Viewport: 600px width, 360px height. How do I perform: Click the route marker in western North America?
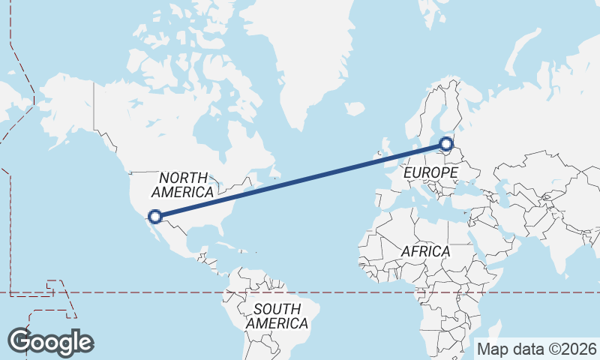[x=155, y=216]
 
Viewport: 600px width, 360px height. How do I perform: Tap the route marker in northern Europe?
[x=446, y=143]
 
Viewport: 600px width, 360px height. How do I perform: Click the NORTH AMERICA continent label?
[x=184, y=185]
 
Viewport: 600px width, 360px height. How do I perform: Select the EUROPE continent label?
[x=430, y=172]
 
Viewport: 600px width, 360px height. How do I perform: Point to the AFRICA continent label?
[x=425, y=251]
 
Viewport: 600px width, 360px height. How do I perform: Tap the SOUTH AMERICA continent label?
[x=277, y=316]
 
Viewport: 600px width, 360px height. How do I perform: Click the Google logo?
[x=50, y=342]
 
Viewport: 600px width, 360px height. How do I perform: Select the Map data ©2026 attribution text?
[x=537, y=349]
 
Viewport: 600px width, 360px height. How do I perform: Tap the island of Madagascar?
[x=496, y=331]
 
